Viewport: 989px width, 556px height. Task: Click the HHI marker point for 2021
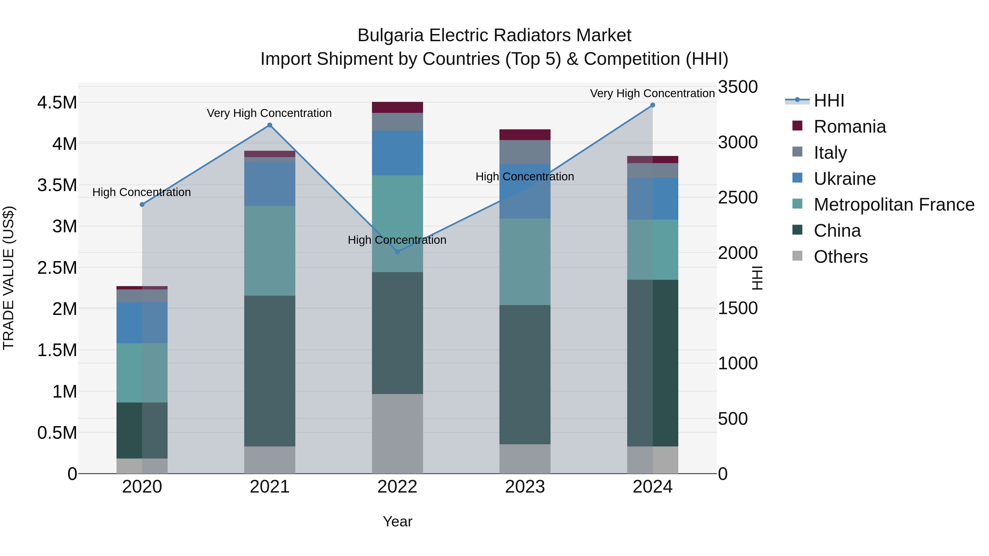click(x=270, y=125)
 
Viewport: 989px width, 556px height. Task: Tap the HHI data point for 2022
click(x=397, y=252)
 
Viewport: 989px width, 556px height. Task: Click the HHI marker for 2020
click(x=142, y=205)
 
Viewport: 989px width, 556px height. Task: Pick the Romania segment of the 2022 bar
click(x=397, y=107)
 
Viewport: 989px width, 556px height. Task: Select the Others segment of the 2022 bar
click(x=397, y=434)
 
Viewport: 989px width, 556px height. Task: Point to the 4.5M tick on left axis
click(x=57, y=103)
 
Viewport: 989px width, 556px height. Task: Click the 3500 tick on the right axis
click(x=738, y=87)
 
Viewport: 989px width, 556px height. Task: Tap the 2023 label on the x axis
click(x=525, y=487)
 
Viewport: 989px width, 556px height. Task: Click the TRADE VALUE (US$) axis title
click(x=9, y=278)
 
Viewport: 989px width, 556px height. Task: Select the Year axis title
click(x=397, y=521)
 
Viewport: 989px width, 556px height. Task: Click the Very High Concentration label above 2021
click(x=269, y=113)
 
